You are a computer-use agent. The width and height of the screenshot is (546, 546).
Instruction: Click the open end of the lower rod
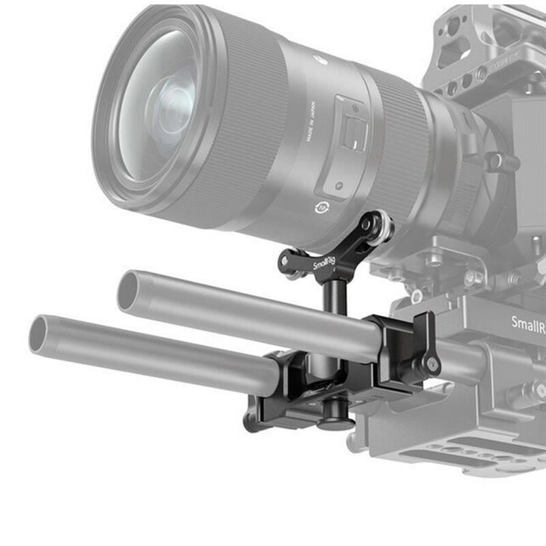[40, 334]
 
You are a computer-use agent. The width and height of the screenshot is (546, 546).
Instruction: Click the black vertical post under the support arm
[335, 297]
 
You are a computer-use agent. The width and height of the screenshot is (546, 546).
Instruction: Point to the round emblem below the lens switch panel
[320, 207]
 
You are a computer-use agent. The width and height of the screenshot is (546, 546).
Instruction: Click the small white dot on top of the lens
[319, 59]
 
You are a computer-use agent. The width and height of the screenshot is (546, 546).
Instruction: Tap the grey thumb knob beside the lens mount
[496, 162]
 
